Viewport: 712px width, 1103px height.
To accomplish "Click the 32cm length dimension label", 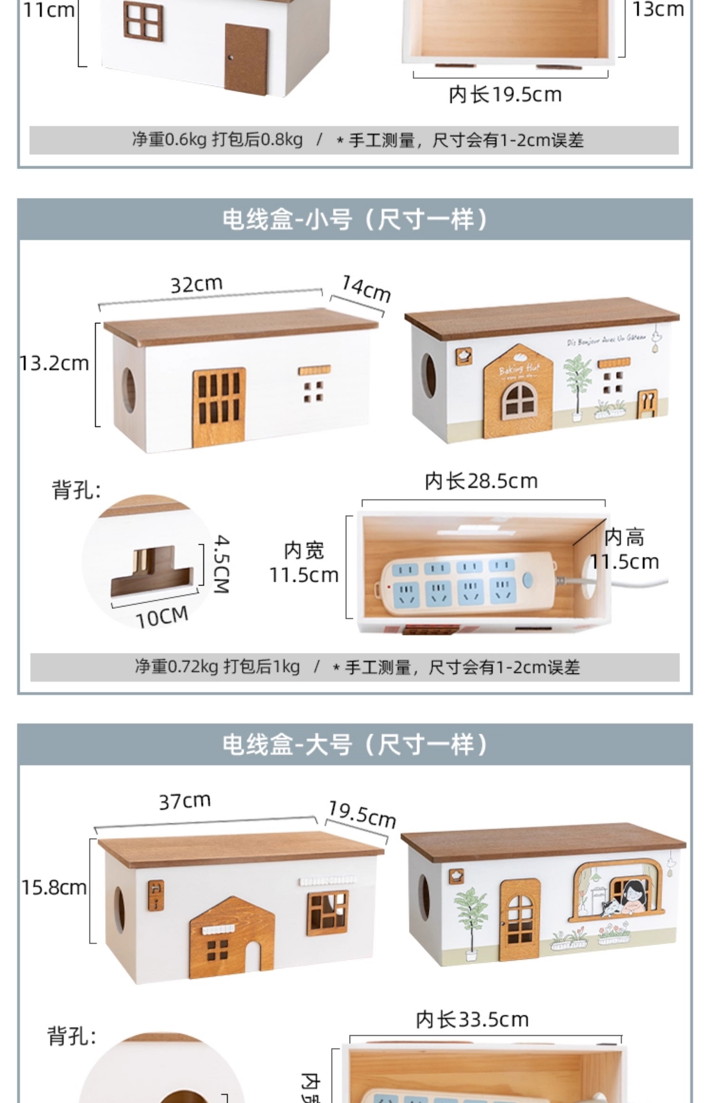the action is (196, 284).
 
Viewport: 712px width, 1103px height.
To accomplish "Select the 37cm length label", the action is (185, 801).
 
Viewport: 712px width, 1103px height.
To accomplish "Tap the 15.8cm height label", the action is (54, 888).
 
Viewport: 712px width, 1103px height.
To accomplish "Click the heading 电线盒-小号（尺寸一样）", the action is (355, 219).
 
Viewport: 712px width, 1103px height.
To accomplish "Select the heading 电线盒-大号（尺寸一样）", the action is (355, 745).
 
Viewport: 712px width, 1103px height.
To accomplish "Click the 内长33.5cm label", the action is (472, 1020).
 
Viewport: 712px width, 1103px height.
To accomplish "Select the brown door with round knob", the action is (246, 59).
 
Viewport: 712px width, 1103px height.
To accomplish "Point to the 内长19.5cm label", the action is (505, 95).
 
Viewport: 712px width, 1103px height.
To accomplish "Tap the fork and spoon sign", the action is (648, 402).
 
